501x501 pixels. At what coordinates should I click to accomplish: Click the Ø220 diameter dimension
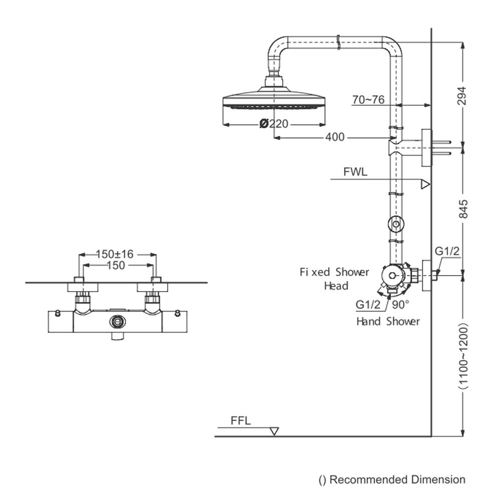(274, 123)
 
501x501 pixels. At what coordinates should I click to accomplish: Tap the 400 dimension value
(335, 137)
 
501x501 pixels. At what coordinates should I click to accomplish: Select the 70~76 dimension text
(368, 100)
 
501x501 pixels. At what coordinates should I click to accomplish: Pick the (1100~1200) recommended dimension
(463, 356)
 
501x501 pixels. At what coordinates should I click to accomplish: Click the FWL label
(355, 172)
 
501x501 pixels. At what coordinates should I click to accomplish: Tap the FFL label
(240, 421)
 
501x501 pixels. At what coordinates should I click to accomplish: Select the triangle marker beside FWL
(425, 184)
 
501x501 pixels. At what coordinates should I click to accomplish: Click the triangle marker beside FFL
(274, 431)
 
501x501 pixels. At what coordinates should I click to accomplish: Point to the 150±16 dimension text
(115, 255)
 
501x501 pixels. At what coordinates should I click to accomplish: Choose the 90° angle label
(401, 304)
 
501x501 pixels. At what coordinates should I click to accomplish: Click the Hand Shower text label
(388, 321)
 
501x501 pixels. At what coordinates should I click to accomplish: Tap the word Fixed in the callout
(315, 273)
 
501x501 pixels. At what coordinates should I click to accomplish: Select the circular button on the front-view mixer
(118, 321)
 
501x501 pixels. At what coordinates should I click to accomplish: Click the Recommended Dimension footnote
(392, 480)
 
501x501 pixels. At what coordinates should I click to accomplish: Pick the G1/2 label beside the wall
(447, 252)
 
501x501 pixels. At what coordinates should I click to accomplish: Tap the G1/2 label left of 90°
(368, 304)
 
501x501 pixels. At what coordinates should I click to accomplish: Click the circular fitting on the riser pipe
(396, 224)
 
